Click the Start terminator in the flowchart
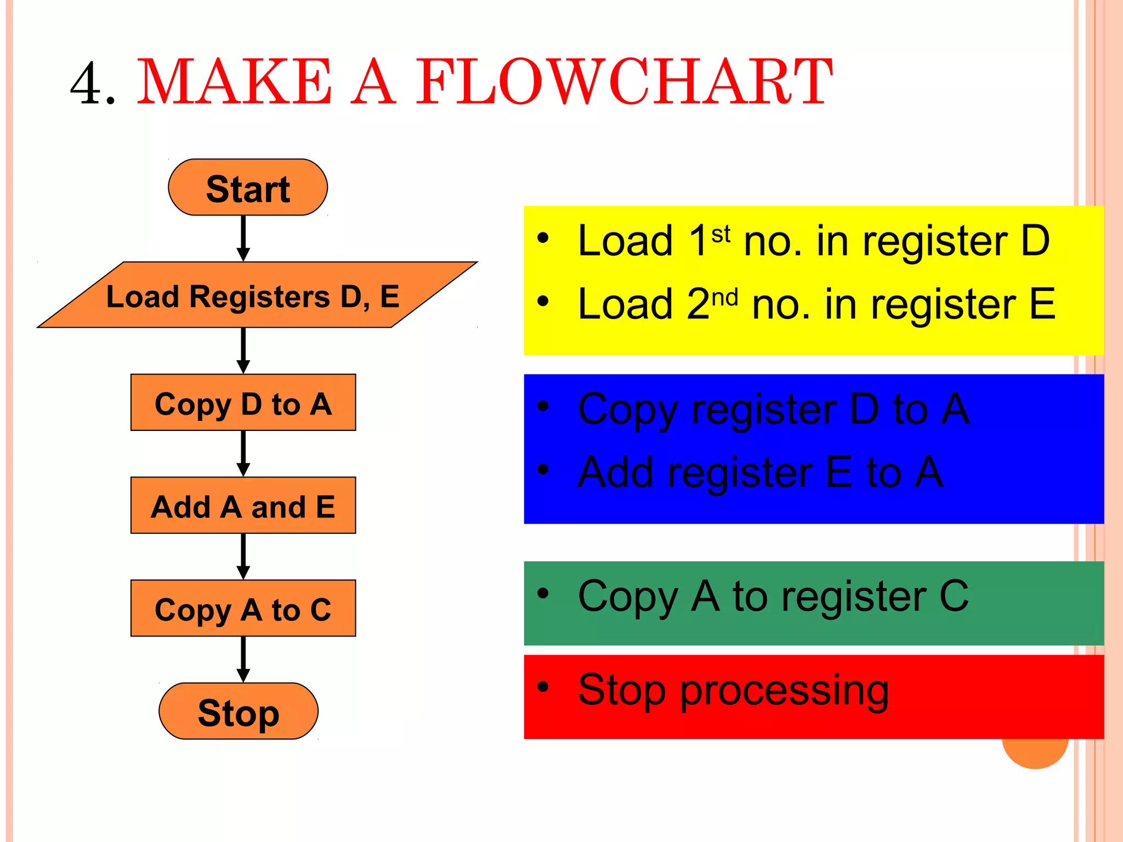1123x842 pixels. [248, 187]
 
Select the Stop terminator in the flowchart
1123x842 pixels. [239, 712]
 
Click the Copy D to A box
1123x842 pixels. [243, 403]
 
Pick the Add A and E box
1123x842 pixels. [243, 505]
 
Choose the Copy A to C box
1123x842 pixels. [243, 608]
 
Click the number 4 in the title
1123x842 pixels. [88, 83]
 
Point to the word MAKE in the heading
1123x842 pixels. [235, 82]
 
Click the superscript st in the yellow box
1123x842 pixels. [721, 234]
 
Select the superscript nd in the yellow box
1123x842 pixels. [724, 298]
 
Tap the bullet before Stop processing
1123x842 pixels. [543, 686]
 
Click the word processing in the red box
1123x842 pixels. [784, 692]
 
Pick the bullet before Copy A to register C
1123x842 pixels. [543, 593]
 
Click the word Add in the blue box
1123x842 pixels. [616, 472]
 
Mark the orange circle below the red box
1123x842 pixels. [1035, 753]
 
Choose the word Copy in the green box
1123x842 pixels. [628, 598]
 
